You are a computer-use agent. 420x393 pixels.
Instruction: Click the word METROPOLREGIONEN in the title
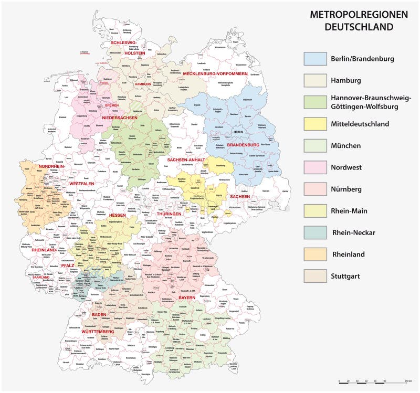coord(358,14)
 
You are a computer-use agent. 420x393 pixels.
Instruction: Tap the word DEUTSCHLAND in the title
coord(358,26)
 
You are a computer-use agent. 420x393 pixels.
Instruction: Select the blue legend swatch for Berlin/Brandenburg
coord(315,58)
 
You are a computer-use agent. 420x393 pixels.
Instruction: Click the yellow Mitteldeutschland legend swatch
coord(315,124)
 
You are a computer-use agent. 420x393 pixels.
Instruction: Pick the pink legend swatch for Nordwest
coord(315,167)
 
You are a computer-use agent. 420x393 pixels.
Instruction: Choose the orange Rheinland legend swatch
coord(315,253)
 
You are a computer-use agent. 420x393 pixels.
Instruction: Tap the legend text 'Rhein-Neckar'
coord(353,232)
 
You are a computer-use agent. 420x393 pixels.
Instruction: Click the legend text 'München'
coord(345,145)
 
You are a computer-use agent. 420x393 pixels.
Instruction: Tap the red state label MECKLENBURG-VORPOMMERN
coord(215,73)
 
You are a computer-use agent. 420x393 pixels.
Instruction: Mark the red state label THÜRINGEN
coord(169,214)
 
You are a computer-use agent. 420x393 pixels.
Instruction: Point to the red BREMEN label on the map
coord(112,105)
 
